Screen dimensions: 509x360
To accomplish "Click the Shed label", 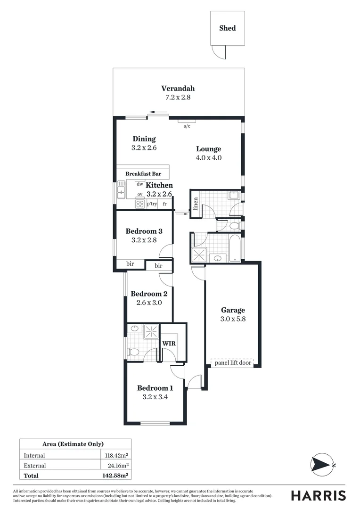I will pos(227,28).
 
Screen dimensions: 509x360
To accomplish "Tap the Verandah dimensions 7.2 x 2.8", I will pos(178,98).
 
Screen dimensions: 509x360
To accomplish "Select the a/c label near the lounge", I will pos(187,126).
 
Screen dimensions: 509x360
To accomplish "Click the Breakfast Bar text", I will pos(143,174).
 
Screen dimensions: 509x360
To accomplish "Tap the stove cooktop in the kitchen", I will pos(140,204).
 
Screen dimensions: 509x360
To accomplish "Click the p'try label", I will pos(152,204).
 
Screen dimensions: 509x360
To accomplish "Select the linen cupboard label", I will pos(196,204).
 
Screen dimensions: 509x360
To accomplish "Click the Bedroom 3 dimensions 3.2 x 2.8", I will pos(144,240).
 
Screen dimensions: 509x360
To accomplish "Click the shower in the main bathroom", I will pos(198,255).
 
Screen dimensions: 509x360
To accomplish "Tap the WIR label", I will pos(169,344).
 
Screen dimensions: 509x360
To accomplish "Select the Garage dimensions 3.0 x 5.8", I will pos(233,319).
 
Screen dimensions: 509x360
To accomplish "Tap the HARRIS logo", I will pos(318,495).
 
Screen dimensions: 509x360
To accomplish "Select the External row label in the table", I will pos(35,466).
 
